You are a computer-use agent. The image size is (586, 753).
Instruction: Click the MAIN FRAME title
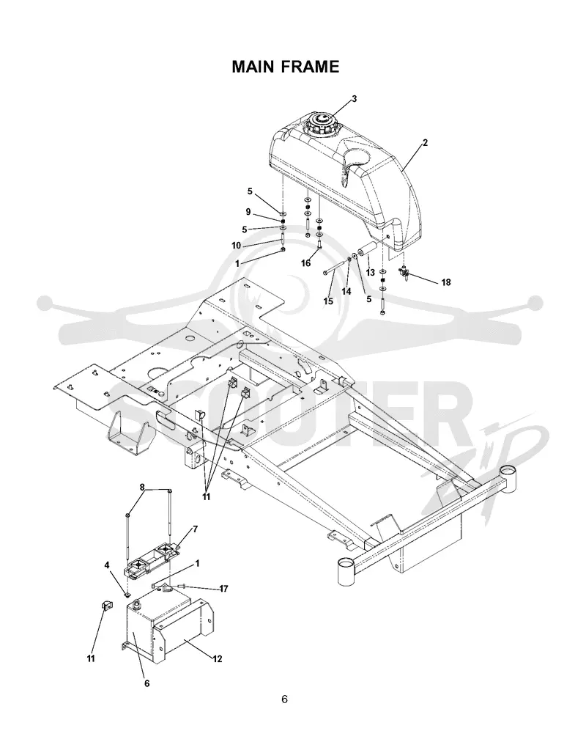[285, 67]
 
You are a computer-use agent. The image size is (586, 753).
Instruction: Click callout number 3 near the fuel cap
[355, 99]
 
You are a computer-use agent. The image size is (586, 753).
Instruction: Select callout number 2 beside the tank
[425, 143]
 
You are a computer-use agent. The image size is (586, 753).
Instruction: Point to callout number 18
[446, 282]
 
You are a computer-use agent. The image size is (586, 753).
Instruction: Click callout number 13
[370, 273]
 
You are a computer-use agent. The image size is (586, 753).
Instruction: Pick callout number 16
[305, 262]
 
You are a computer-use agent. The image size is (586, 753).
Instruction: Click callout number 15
[328, 301]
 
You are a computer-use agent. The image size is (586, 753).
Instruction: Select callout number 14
[346, 291]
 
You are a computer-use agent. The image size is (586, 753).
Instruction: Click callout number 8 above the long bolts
[142, 487]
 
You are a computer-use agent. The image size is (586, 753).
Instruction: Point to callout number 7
[195, 529]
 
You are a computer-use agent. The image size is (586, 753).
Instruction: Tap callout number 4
[107, 565]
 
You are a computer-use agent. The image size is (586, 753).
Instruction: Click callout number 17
[223, 589]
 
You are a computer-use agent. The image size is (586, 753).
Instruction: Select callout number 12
[218, 659]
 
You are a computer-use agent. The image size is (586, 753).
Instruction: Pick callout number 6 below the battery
[146, 683]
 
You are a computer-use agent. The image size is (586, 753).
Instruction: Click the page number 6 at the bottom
[285, 699]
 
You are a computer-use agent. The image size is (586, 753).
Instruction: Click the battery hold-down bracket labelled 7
[152, 560]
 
